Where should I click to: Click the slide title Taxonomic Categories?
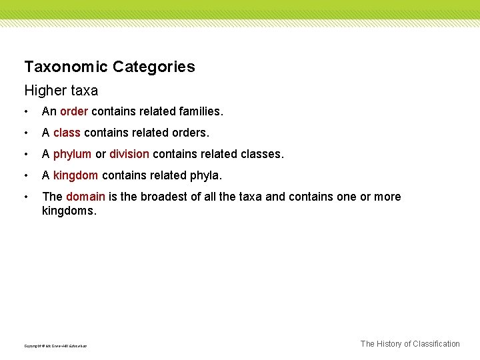pos(109,67)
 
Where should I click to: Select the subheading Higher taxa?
pos(61,90)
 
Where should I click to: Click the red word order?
pos(73,111)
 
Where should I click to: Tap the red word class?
pos(67,133)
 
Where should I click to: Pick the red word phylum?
pos(72,154)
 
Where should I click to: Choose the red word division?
pos(129,154)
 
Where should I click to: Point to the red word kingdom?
pos(75,175)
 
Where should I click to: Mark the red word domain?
pos(85,197)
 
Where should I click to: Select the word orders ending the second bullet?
pos(191,133)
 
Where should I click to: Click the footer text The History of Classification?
pos(410,344)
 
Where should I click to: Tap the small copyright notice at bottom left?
pos(55,346)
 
